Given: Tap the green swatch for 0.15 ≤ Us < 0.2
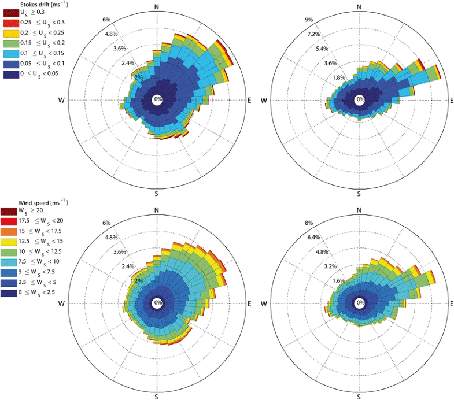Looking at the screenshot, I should coord(10,43).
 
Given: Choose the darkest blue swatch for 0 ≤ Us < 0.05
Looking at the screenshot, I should coord(10,74).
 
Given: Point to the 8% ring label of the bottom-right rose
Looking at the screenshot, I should coord(309,223).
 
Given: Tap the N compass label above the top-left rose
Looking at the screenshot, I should coord(157,6).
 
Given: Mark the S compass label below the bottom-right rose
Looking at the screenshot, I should coord(359,397).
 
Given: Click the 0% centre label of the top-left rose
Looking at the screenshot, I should coord(157,100).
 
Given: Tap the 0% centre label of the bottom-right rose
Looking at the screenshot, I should coord(360,303).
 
